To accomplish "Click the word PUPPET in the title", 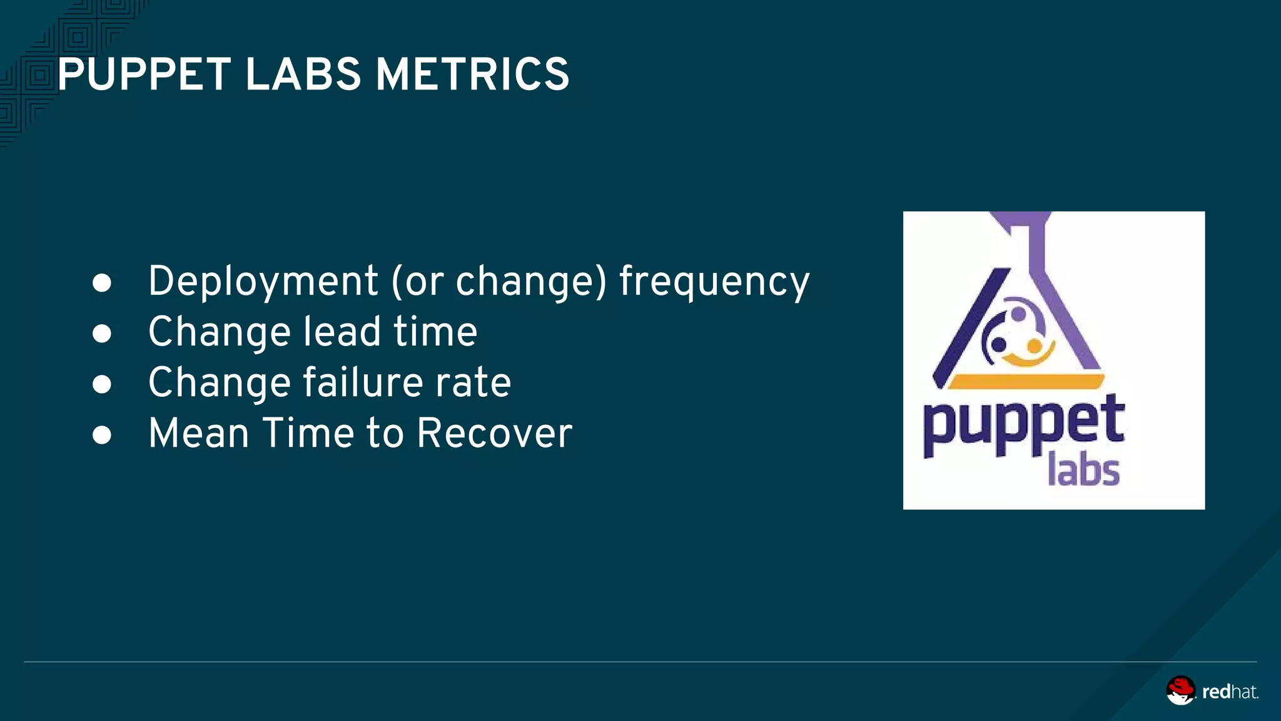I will click(144, 74).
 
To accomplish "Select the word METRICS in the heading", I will click(472, 74).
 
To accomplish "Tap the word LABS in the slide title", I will click(303, 74).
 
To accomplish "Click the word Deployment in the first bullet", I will click(263, 281).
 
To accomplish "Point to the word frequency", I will click(714, 281).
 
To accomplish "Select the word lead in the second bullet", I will click(342, 332).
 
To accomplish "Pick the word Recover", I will click(494, 433).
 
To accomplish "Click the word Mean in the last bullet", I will click(199, 433).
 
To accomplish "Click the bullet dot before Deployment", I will click(102, 283).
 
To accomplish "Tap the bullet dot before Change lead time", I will click(102, 334).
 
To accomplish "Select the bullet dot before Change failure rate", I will click(102, 384).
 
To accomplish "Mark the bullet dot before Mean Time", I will click(102, 435).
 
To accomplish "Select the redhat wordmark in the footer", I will click(1230, 692).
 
